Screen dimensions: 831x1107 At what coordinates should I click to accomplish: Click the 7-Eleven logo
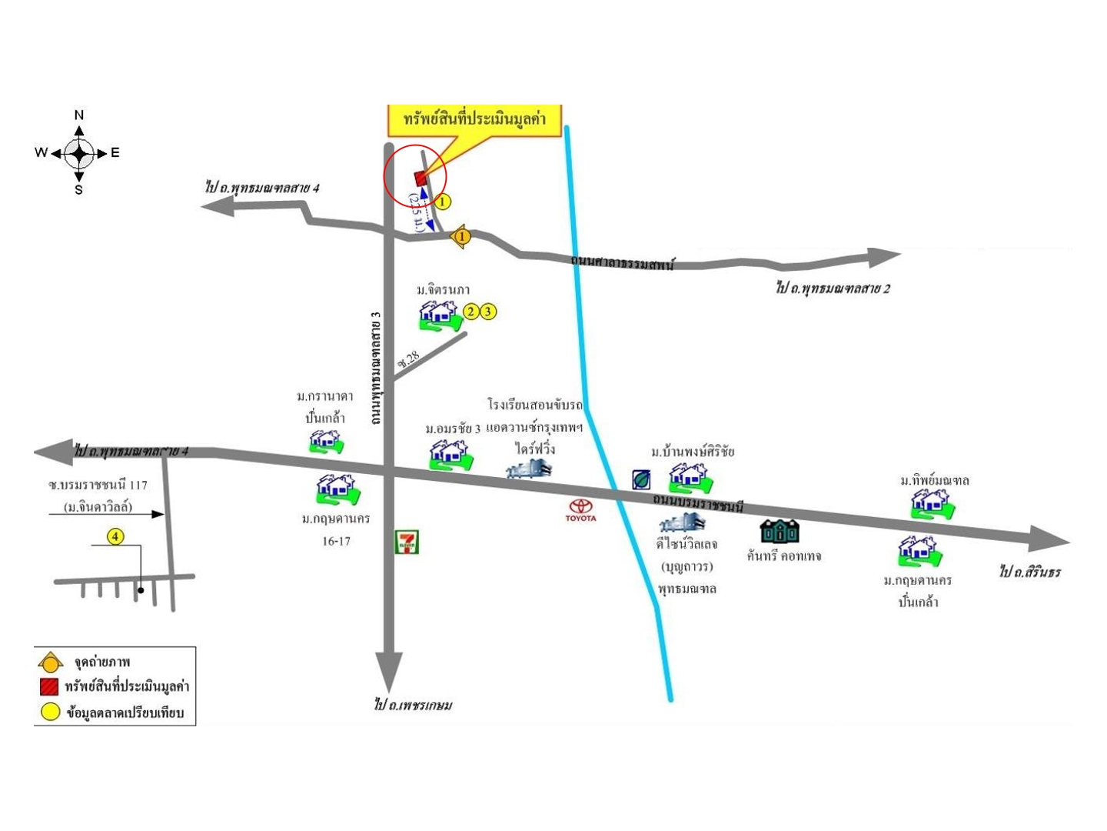click(407, 542)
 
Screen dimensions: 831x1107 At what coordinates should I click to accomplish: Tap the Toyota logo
click(580, 509)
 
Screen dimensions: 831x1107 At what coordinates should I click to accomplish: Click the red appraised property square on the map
click(421, 179)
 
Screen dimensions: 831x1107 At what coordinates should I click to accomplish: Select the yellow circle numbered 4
click(115, 536)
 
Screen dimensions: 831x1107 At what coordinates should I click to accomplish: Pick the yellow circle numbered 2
click(471, 311)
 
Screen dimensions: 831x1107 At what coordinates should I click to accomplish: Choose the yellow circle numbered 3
click(488, 311)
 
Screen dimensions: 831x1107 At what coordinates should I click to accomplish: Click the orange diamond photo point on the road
click(461, 237)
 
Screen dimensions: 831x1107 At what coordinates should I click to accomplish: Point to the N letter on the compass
click(78, 115)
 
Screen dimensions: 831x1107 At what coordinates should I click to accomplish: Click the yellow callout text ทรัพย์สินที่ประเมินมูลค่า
click(474, 119)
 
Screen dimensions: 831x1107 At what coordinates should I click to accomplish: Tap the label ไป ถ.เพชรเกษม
click(414, 705)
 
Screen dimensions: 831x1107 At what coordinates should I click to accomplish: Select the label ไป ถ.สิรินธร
click(1030, 572)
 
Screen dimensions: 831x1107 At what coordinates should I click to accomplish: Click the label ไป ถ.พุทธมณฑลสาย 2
click(833, 289)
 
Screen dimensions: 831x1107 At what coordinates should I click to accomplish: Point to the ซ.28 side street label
click(409, 359)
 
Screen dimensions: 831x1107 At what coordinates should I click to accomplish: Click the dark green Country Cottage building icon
click(780, 531)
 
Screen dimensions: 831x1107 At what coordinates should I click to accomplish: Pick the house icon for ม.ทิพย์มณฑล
click(932, 504)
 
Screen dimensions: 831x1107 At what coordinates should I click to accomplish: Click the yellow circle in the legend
click(50, 712)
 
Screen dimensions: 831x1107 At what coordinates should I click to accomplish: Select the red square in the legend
click(50, 686)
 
